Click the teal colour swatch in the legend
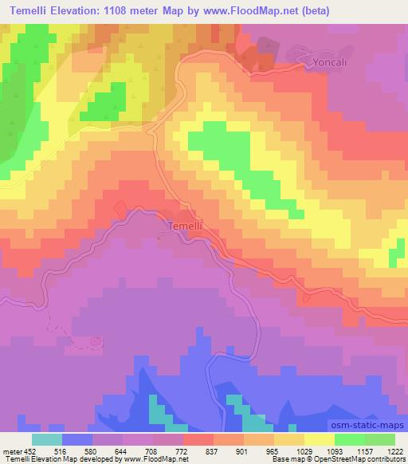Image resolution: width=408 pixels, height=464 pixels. pos(47,439)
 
